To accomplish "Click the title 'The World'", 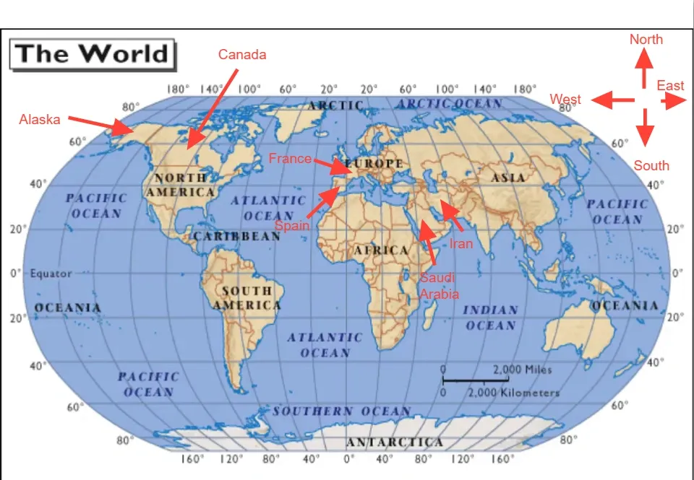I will pos(92,53).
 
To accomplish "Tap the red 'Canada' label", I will pos(242,55).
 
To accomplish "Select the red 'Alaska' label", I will pos(40,119).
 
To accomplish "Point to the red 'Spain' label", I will pos(292,225).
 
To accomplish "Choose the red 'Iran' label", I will pos(461,243).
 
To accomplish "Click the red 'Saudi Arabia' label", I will pos(439,286).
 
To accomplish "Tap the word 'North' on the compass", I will pos(646,40).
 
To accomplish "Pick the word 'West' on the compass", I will pos(565,99).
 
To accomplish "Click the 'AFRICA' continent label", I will pos(381,250).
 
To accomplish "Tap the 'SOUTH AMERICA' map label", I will pos(247,298).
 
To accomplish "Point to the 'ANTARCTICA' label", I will pos(395,442).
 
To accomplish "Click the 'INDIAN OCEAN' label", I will pos(491,318).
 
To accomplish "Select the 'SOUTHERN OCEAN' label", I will pos(341,411).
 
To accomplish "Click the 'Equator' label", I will pos(51,274).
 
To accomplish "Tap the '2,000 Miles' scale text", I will pos(522,370).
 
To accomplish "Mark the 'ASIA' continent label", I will pos(508,177).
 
